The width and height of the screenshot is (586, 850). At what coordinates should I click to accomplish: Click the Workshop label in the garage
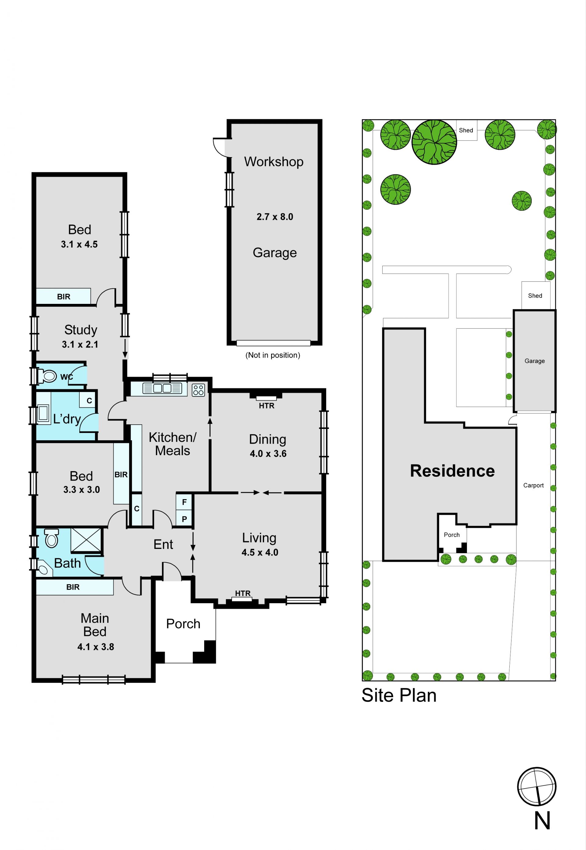[x=273, y=162]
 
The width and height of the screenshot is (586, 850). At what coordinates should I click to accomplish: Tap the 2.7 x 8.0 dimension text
[x=275, y=217]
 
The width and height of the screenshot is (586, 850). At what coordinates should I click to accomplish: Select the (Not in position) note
[x=273, y=355]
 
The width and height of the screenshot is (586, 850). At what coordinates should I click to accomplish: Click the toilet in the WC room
[x=47, y=376]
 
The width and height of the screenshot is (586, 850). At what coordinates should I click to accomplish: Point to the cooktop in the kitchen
[x=198, y=390]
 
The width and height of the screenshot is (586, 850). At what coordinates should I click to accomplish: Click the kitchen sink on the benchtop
[x=162, y=388]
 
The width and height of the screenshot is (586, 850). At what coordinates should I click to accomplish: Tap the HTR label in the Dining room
[x=266, y=405]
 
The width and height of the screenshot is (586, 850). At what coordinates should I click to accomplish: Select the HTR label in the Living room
[x=243, y=593]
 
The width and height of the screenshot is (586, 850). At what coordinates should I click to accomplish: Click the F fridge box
[x=184, y=502]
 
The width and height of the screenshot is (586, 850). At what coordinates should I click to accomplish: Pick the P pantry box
[x=184, y=519]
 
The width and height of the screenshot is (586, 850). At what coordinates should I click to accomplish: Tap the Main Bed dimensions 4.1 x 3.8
[x=96, y=647]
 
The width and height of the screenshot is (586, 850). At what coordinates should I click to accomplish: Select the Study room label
[x=81, y=330]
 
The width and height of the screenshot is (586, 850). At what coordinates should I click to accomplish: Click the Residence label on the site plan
[x=452, y=471]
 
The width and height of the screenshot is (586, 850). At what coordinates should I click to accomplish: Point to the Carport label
[x=533, y=485]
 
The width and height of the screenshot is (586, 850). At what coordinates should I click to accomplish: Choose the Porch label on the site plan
[x=452, y=535]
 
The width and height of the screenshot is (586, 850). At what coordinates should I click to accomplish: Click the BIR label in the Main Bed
[x=73, y=587]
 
